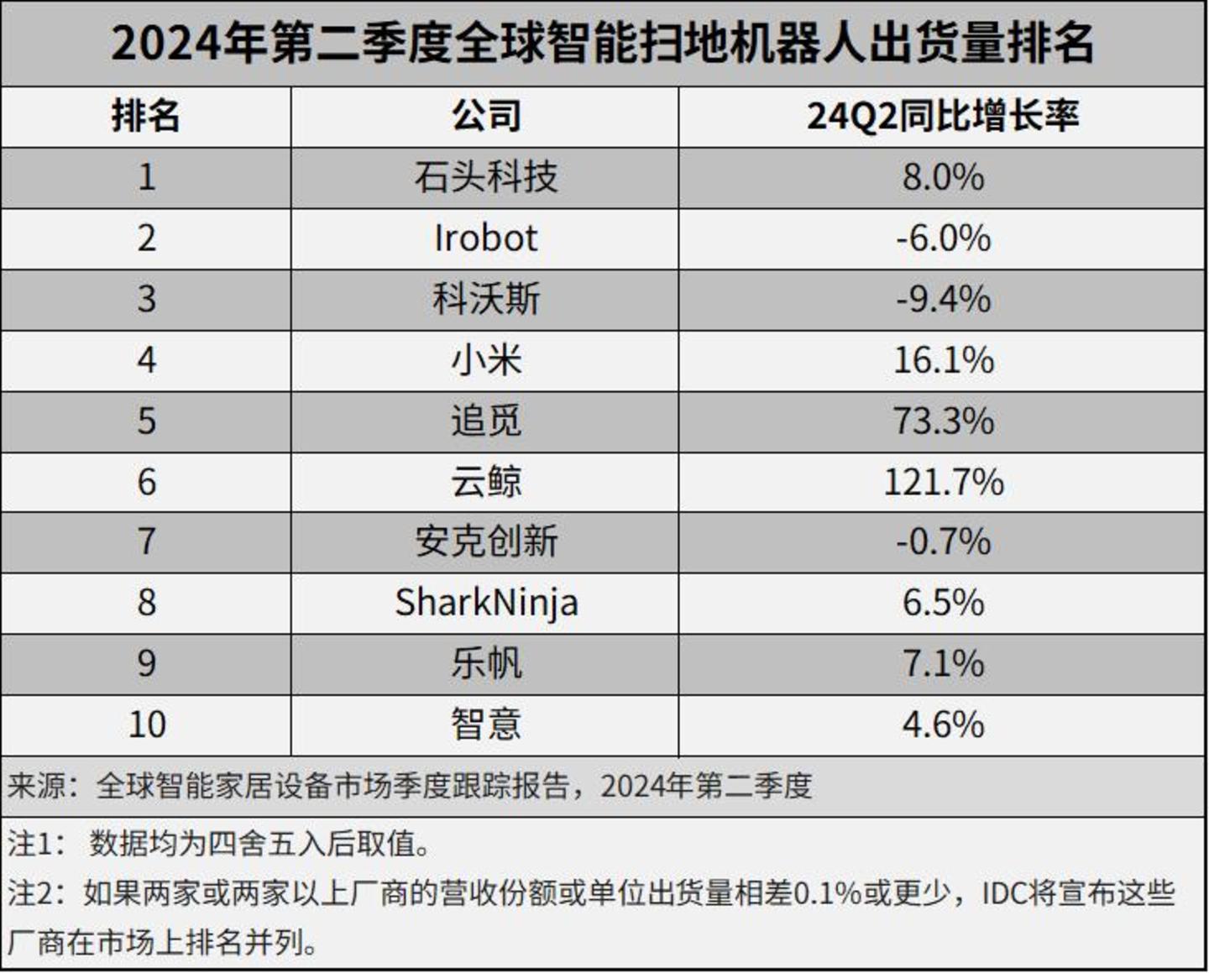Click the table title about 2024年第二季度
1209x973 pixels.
point(603,44)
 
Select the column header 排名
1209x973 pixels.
point(146,116)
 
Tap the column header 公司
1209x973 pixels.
point(485,116)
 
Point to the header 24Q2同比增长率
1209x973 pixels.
point(942,116)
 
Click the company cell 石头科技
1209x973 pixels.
point(485,177)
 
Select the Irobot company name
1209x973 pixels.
point(485,238)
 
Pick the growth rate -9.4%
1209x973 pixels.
point(943,300)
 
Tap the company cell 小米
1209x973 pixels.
point(485,360)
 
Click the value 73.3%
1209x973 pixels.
point(943,421)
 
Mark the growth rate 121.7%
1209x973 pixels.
point(943,482)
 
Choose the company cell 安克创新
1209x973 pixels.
point(485,541)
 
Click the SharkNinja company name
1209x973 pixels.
point(486,603)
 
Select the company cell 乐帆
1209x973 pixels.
point(485,663)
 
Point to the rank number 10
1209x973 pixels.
point(147,725)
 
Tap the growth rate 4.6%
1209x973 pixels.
point(943,725)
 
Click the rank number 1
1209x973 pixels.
point(147,177)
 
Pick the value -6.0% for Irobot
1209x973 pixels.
point(943,238)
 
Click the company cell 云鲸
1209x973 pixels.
point(485,482)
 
